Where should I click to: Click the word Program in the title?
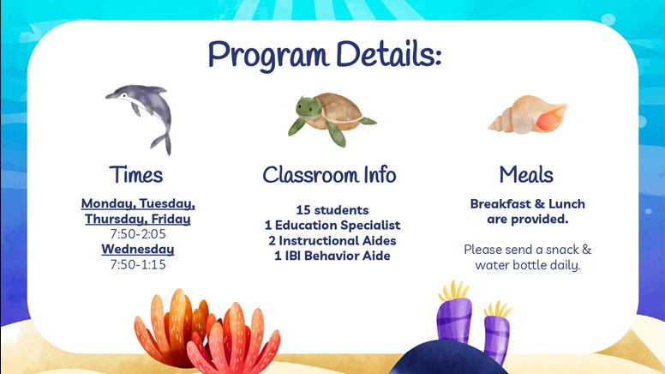pos(268,56)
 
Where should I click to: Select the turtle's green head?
pos(309,107)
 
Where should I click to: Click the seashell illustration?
pos(528,115)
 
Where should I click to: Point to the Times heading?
pos(135,174)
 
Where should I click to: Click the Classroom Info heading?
pos(330,174)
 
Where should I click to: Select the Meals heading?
pos(526,174)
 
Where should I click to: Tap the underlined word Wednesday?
pos(138,249)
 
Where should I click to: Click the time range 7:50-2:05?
pos(138,234)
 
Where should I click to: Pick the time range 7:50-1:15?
pos(138,264)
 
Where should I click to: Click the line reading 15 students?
pos(332,210)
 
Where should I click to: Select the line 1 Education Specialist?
pos(332,226)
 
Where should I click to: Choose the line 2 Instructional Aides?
pos(332,241)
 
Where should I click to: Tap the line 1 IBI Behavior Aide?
pos(332,256)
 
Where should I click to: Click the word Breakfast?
pos(500,204)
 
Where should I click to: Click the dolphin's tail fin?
pos(162,142)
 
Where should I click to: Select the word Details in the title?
pos(388,54)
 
